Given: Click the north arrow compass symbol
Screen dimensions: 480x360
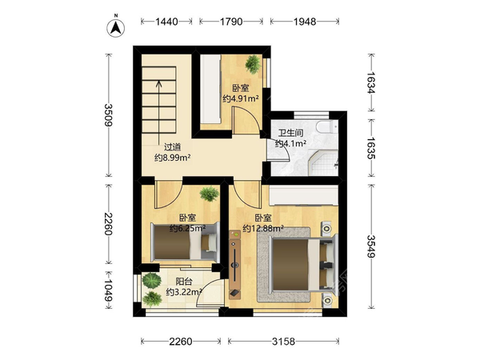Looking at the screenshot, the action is tap(116, 28).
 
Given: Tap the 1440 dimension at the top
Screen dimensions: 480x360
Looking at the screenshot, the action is tap(166, 22).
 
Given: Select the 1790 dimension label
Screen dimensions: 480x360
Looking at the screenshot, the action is tap(231, 22).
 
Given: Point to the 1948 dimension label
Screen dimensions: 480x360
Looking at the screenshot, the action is tap(305, 22).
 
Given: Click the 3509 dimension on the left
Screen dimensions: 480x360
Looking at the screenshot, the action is tap(109, 115).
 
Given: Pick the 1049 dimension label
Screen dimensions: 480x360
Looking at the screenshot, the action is tap(109, 290).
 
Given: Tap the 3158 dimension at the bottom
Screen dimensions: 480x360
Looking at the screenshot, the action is tap(283, 342).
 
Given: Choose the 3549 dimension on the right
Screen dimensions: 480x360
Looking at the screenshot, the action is tap(370, 246).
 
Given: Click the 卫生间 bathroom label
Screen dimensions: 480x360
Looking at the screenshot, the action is tap(291, 133).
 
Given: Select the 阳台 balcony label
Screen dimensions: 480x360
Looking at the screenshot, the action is tap(184, 282).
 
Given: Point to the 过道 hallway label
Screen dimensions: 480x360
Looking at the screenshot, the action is tap(172, 147).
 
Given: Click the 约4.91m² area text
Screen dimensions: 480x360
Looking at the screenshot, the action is tap(241, 98).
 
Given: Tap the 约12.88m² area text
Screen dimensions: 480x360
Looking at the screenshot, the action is tap(263, 228).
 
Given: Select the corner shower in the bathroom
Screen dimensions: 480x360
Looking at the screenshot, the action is tap(322, 162).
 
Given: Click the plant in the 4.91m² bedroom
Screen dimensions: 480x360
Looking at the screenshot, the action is tap(253, 64).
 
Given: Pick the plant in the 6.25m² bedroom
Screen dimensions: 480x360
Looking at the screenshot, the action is tap(210, 194).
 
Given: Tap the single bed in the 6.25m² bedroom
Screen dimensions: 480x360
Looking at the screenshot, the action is tap(186, 242).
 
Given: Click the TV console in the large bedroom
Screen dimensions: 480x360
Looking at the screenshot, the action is tap(235, 264).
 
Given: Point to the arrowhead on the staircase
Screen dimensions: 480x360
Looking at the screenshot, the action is tap(158, 83).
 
